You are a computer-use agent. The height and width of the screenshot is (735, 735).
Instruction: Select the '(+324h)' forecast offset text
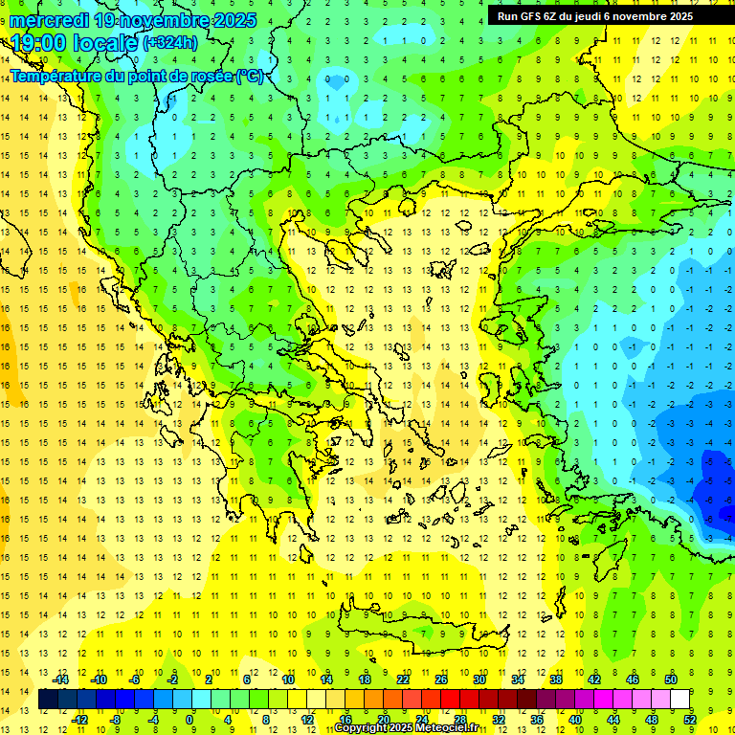(x=170, y=43)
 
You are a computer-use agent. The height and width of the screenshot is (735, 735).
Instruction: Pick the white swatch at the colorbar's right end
(x=680, y=700)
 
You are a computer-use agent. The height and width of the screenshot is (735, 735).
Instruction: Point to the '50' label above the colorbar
(x=671, y=679)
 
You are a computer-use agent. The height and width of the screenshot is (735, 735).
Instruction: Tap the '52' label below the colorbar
(x=690, y=720)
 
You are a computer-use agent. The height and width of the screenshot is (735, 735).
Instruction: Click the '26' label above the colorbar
(x=441, y=679)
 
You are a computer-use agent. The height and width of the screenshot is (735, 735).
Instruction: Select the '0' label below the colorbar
(x=189, y=720)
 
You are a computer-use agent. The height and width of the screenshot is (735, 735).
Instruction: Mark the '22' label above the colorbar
(x=403, y=679)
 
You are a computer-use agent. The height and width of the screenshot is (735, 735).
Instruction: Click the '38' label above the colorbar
(x=556, y=679)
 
